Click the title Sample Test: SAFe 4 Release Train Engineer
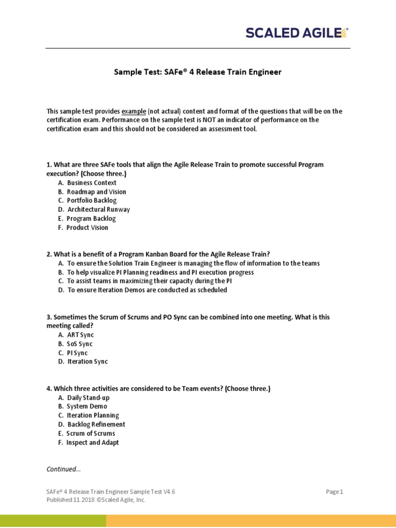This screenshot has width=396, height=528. click(197, 72)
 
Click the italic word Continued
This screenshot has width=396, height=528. click(63, 469)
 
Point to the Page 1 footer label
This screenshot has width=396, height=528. click(334, 492)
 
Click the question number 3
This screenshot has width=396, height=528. click(49, 318)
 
